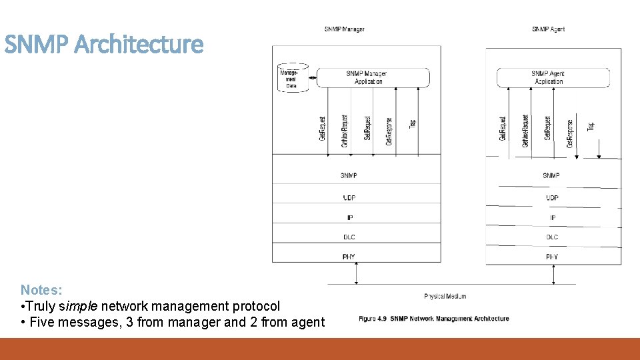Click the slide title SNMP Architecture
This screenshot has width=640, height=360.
tap(103, 45)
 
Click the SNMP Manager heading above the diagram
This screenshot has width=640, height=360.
tap(345, 29)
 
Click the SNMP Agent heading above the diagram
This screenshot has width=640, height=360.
tap(549, 29)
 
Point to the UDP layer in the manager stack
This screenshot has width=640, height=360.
tap(349, 197)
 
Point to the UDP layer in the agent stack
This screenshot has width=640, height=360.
tap(552, 198)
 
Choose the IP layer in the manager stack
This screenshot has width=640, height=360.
tap(349, 217)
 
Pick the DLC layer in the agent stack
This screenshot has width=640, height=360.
tap(552, 237)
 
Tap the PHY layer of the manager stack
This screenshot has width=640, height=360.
tap(349, 257)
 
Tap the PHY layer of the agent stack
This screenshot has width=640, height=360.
tap(552, 257)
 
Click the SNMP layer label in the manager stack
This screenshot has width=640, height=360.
tap(349, 175)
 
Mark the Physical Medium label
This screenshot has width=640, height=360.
tap(445, 296)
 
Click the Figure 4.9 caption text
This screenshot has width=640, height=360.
tap(434, 319)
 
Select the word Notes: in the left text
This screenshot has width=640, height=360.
tap(41, 290)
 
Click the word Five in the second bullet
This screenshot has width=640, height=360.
tap(40, 322)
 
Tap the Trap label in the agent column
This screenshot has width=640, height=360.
tap(591, 125)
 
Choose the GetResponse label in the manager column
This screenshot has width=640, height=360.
tap(389, 131)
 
